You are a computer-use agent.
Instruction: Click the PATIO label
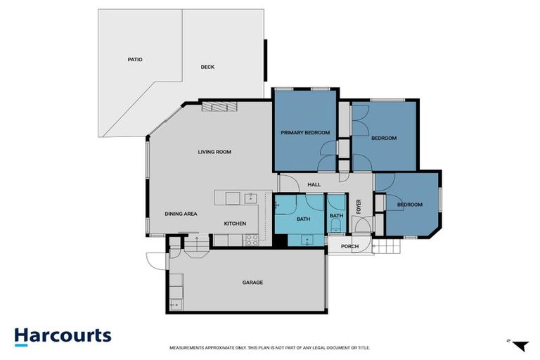pos(135,60)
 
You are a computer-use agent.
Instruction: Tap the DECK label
pos(207,67)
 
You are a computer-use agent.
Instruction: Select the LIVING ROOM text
pos(214,152)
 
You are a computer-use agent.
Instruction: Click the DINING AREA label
pos(181,214)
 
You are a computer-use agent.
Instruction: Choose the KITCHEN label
pos(235,224)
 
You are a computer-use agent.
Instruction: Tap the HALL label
pos(314,185)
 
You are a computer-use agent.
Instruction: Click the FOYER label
pos(359,207)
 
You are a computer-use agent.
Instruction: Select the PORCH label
pos(349,247)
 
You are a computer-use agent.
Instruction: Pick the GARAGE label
pos(252,283)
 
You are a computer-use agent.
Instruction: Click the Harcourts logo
pos(63,335)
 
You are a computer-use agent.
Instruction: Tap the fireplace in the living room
pos(219,106)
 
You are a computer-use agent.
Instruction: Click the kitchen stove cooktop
pos(252,240)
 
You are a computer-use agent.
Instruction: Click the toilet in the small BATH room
pos(336,226)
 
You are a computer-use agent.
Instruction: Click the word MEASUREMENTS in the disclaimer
pos(188,348)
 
